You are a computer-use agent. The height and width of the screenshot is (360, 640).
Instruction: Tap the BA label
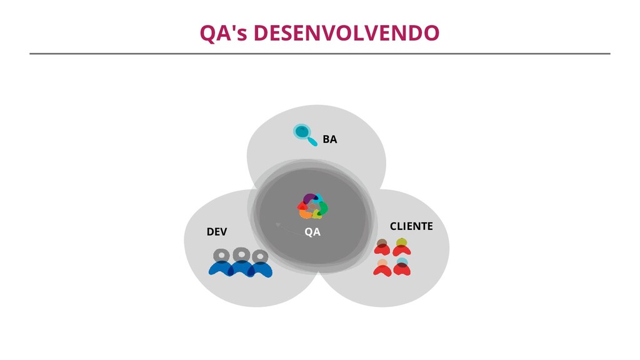[329, 139]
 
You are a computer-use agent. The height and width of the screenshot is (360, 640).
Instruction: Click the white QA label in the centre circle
[312, 232]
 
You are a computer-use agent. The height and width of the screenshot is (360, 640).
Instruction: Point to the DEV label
[217, 232]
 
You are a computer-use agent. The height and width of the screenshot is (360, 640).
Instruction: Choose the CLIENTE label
[411, 226]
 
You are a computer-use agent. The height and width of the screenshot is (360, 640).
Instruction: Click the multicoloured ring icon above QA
[312, 206]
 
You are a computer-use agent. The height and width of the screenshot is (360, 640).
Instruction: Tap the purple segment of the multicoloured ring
[309, 199]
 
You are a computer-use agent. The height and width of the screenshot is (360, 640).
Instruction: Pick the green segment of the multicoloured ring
[323, 207]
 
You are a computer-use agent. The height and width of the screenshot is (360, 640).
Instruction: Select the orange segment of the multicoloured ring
[306, 214]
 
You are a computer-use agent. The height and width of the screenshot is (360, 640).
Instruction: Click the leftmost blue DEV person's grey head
[221, 255]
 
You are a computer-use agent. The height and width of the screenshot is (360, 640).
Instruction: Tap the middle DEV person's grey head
[241, 254]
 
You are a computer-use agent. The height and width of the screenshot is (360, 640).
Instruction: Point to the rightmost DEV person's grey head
[260, 256]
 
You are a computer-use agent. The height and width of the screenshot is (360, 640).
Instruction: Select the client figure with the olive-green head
[401, 246]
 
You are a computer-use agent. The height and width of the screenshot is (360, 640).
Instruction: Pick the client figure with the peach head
[382, 267]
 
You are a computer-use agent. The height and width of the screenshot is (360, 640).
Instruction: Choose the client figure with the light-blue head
[402, 266]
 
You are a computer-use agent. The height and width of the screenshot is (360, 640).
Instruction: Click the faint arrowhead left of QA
[277, 224]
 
